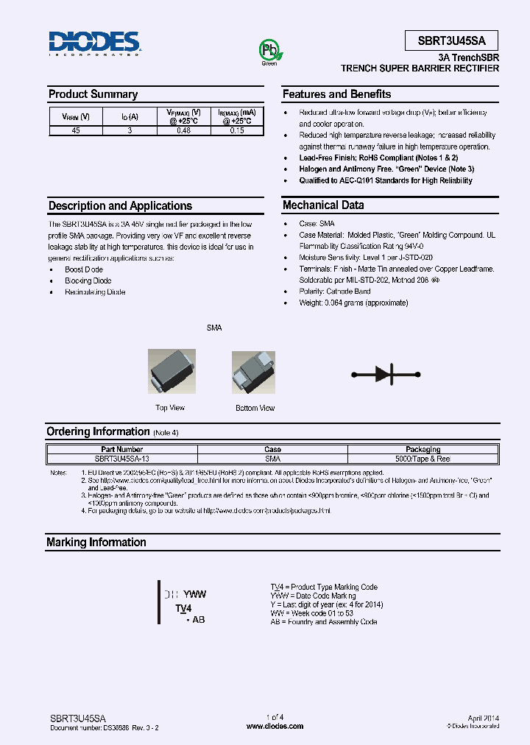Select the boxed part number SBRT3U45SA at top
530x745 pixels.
(451, 40)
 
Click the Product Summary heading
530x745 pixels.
(93, 94)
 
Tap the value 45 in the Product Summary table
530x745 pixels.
(76, 130)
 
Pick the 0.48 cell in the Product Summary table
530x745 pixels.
(183, 130)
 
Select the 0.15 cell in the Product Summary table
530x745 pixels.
(236, 130)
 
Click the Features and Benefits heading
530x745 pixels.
(336, 94)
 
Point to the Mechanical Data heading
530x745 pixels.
(323, 205)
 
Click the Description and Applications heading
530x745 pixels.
(120, 206)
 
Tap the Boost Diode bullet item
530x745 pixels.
(84, 270)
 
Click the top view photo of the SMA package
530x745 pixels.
(171, 373)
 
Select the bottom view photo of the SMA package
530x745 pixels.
(255, 373)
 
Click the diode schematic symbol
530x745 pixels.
(391, 373)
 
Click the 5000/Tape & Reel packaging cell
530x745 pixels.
(423, 458)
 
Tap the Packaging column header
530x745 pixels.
(423, 449)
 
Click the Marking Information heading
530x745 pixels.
(96, 543)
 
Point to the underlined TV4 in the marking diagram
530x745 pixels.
(183, 609)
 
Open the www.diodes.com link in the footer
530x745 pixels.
(275, 726)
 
